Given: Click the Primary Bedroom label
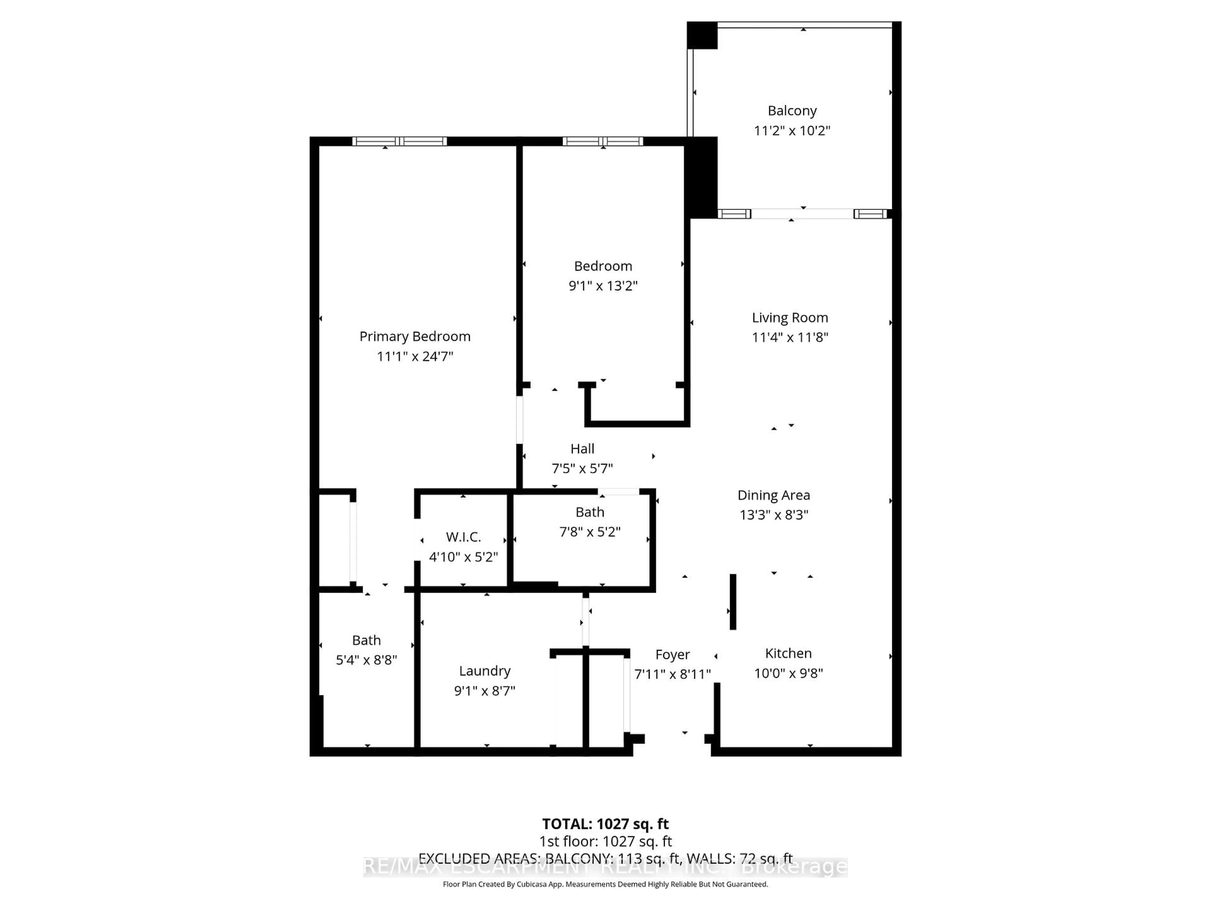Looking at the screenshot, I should coord(414,336).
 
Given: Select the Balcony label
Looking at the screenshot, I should coord(792,111).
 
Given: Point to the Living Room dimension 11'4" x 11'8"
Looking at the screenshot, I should coord(789,337).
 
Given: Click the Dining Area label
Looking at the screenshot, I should coord(773,495).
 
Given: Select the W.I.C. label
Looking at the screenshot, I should coord(463,537).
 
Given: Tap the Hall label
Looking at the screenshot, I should coord(582,449).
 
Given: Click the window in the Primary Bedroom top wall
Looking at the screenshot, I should coord(399,141).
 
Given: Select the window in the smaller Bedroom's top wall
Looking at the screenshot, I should coord(602,141).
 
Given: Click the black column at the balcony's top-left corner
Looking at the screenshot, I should coord(702,35).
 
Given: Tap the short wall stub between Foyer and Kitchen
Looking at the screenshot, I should coord(733,602).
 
